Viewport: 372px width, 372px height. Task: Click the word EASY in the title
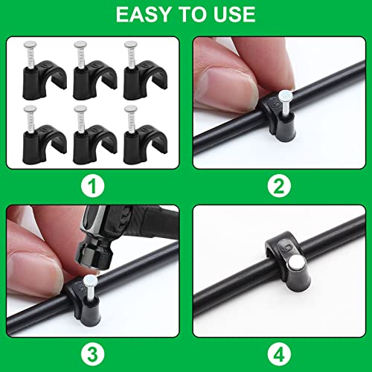139,15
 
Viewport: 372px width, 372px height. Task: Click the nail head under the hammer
87,280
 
